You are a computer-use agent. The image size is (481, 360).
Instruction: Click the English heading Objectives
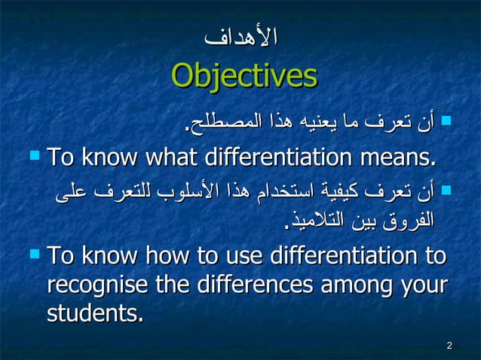244,76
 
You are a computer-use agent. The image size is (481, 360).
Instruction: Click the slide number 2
449,346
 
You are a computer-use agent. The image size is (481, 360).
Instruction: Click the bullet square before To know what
33,157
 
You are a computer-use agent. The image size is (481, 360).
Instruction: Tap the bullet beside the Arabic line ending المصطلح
446,119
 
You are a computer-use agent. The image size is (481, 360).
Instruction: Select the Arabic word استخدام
286,194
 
